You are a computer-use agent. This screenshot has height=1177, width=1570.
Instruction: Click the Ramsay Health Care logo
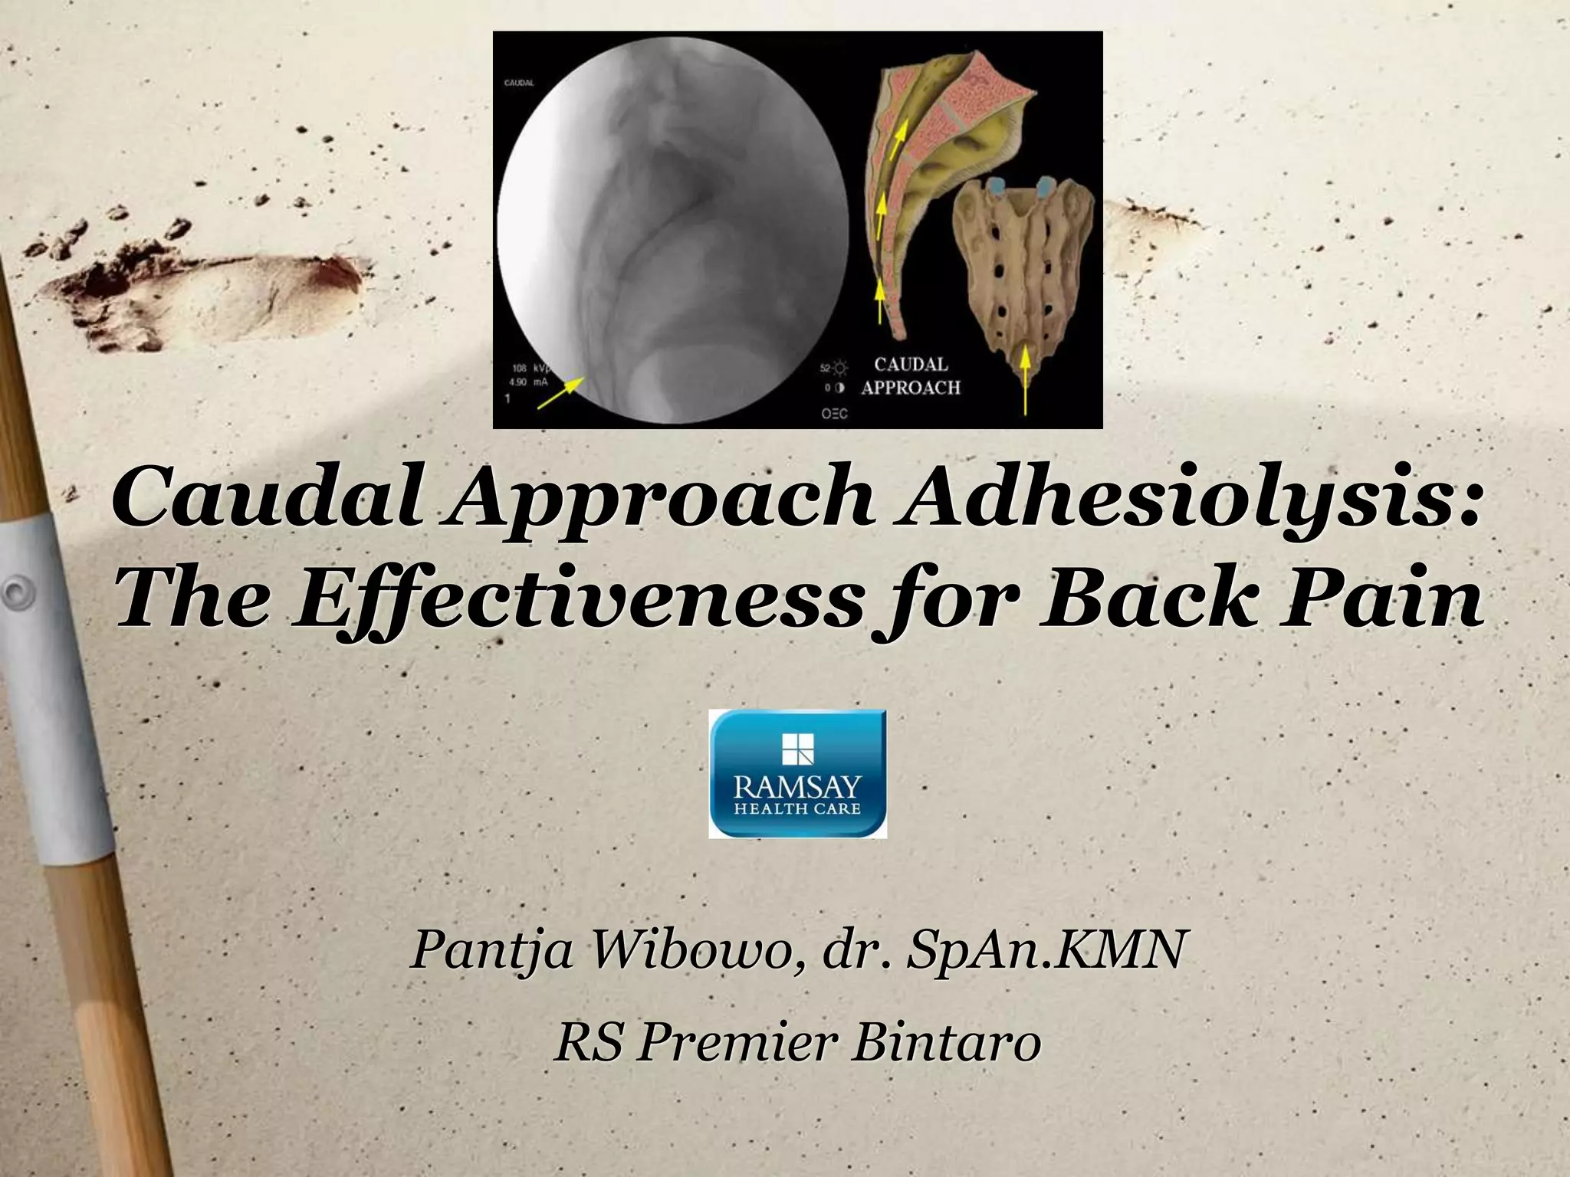point(797,773)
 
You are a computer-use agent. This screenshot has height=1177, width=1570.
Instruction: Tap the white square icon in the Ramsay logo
point(797,750)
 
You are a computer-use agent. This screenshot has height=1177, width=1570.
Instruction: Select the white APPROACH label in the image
point(910,388)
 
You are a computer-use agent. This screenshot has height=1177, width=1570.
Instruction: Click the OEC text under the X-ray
point(835,414)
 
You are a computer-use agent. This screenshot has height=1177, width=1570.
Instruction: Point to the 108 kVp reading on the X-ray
point(527,369)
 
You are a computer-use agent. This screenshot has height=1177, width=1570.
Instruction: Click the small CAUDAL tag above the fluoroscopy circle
point(519,83)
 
